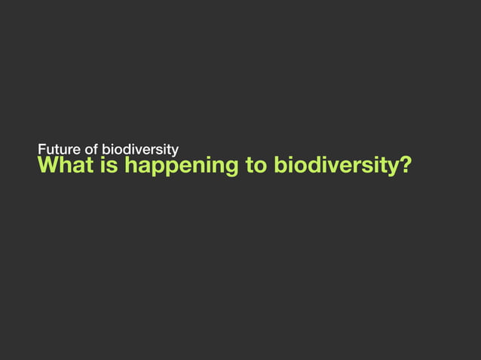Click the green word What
[63, 164]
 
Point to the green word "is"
[109, 164]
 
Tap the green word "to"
[256, 164]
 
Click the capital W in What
[49, 164]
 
